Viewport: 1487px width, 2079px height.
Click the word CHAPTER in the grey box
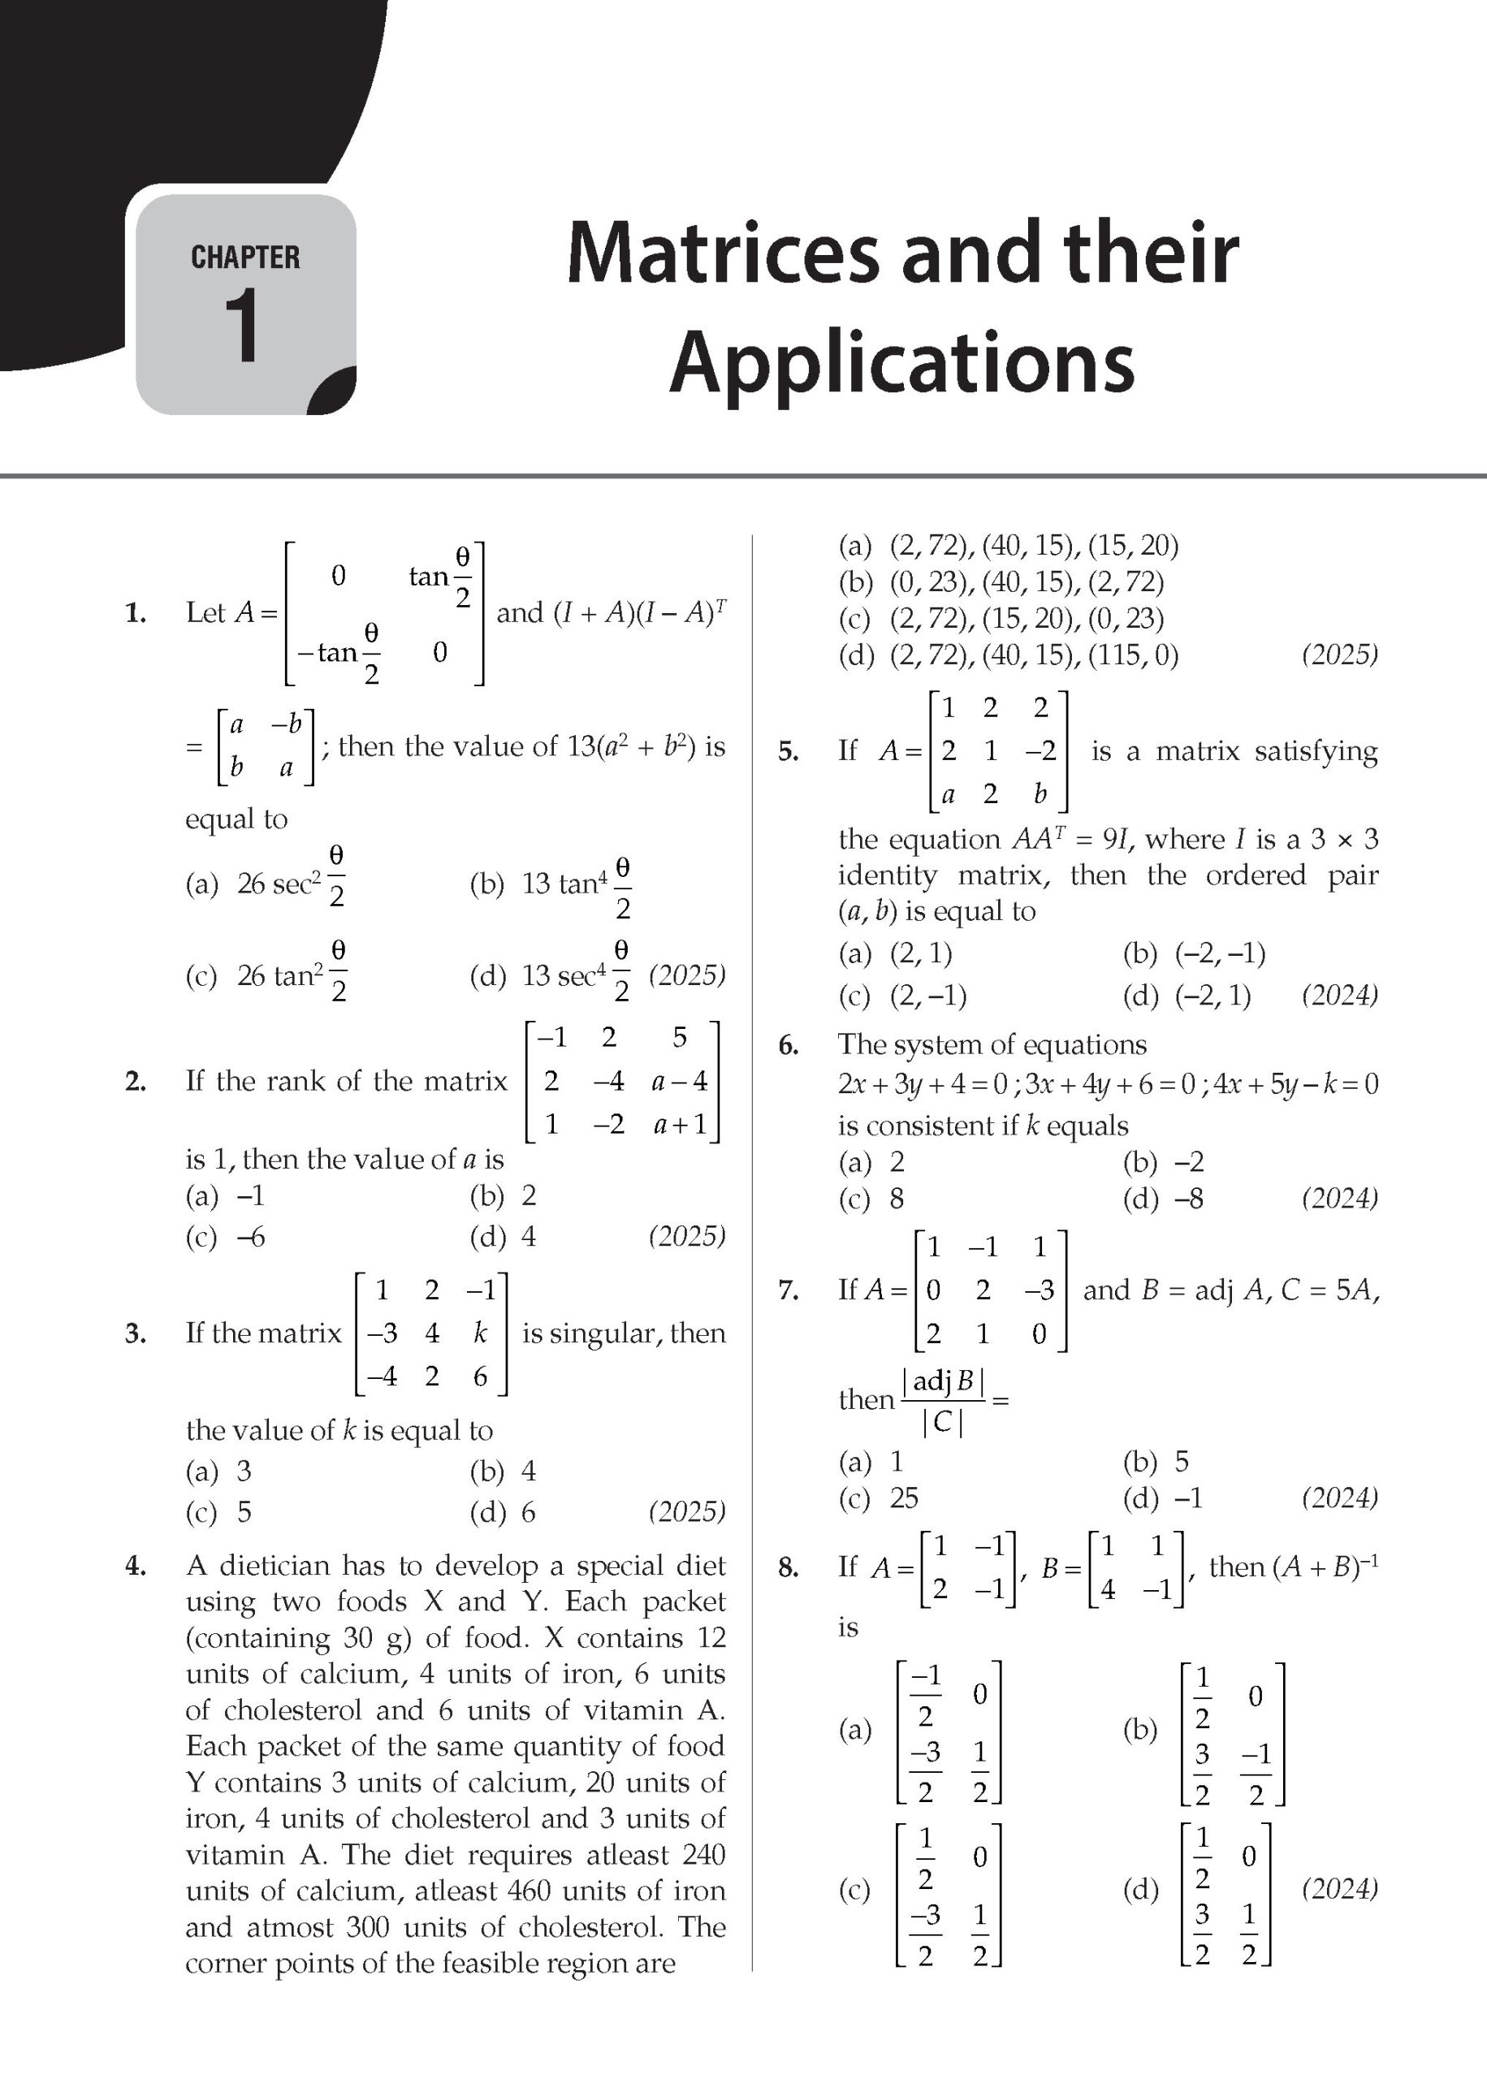coord(245,257)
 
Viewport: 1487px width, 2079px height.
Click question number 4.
coord(136,1567)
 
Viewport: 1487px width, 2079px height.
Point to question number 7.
coord(788,1290)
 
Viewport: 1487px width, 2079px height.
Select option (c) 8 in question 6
coord(871,1199)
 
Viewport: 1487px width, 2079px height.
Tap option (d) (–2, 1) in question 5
coord(1187,995)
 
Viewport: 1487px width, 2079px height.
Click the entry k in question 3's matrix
coord(480,1333)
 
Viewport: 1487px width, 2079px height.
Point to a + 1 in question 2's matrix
coord(680,1124)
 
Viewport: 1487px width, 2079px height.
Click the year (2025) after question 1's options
coord(687,975)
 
